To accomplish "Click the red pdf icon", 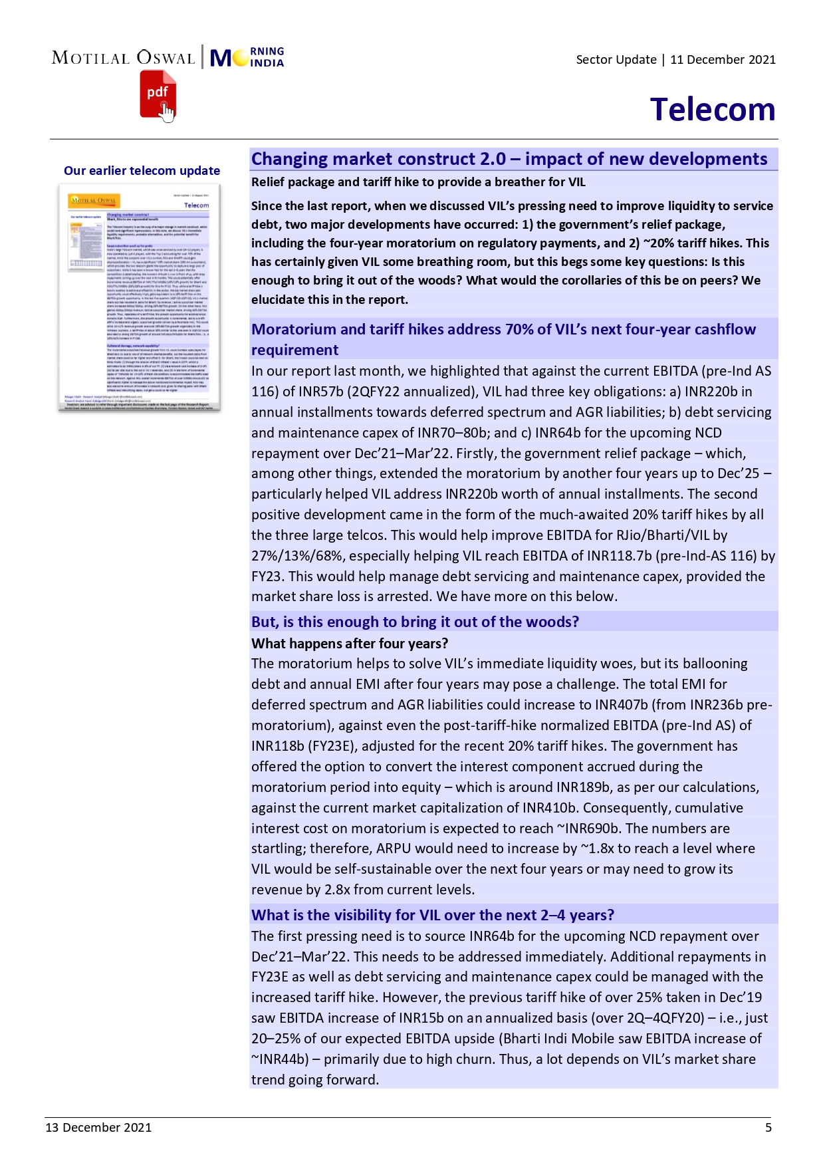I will tap(157, 95).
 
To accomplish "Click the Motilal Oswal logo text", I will tap(123, 58).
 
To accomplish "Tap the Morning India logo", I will tap(247, 58).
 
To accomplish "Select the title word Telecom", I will tap(712, 110).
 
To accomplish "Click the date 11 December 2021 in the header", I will tap(723, 60).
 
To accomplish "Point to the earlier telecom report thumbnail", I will tap(139, 297).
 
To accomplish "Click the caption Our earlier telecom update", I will tap(142, 171).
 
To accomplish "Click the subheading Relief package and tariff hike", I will tap(418, 182).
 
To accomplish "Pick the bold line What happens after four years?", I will tap(350, 644).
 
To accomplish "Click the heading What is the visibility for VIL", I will tap(432, 915).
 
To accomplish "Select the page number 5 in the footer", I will tap(768, 1127).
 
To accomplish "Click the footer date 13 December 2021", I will tap(98, 1127).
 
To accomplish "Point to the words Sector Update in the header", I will tap(616, 60).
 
